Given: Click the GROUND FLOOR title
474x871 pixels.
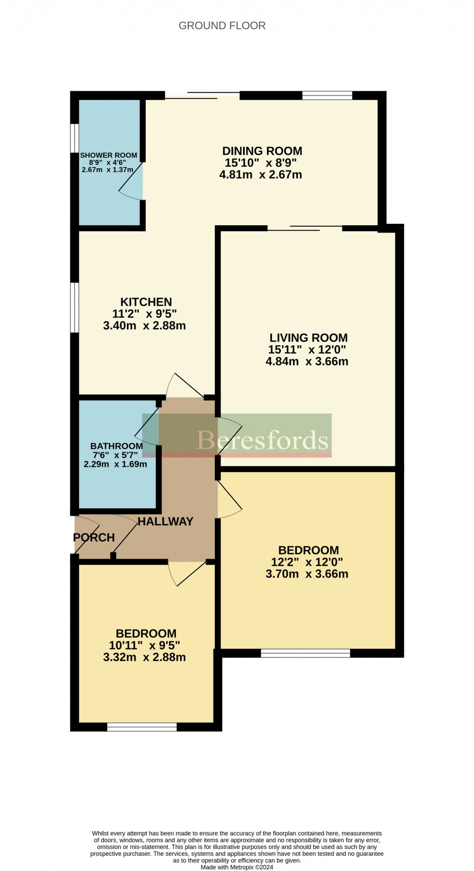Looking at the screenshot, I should pyautogui.click(x=222, y=25).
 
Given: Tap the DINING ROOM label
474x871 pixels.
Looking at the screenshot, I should pyautogui.click(x=262, y=151).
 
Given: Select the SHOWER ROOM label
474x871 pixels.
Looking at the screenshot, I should pyautogui.click(x=109, y=155).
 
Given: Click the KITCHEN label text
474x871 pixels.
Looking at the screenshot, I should pyautogui.click(x=146, y=302).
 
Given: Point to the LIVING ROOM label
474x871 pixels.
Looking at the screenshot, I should pyautogui.click(x=308, y=338).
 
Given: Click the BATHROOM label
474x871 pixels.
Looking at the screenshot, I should pyautogui.click(x=116, y=446).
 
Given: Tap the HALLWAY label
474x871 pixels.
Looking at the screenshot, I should pyautogui.click(x=165, y=521).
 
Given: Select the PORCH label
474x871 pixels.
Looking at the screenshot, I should pyautogui.click(x=94, y=537).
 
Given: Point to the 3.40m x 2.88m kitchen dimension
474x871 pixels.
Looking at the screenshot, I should pyautogui.click(x=144, y=326).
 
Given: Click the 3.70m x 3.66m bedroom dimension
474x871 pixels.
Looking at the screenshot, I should pyautogui.click(x=307, y=574).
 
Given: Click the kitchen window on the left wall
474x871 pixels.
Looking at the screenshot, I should pyautogui.click(x=74, y=307).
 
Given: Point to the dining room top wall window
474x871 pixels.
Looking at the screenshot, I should pyautogui.click(x=327, y=95).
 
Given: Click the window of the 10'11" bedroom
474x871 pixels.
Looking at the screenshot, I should pyautogui.click(x=142, y=727).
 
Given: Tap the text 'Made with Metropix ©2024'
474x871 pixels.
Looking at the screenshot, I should pyautogui.click(x=237, y=864).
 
